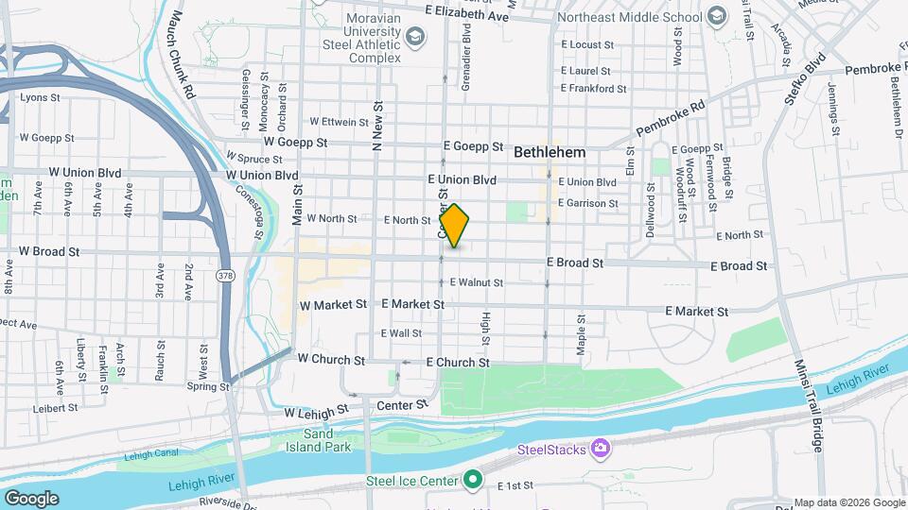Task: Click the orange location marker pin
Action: tap(454, 226)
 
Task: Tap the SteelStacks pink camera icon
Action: tap(600, 446)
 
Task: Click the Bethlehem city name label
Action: tap(550, 152)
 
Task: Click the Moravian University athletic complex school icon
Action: tap(414, 37)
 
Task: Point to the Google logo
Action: tap(31, 498)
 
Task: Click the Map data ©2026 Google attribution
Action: tap(849, 502)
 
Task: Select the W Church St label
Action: tap(331, 360)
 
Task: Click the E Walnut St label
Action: tap(476, 282)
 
